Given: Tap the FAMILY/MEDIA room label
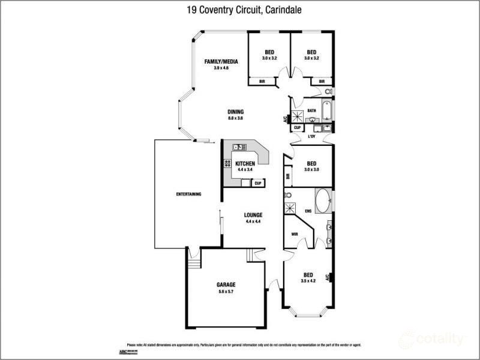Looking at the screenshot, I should (221, 62).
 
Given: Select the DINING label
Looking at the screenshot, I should (235, 112).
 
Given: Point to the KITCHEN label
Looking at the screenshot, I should (245, 164).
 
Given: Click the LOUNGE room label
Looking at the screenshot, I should (253, 215).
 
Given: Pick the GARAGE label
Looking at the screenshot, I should (226, 284).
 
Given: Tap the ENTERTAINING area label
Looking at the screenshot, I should (188, 194).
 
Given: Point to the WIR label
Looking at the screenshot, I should (295, 234).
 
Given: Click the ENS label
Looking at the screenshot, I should (308, 211).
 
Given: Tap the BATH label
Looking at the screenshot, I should (311, 111).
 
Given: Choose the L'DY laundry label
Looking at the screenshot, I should (311, 137).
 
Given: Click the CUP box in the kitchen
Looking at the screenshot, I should (258, 183).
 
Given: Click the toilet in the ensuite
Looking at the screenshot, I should (288, 195).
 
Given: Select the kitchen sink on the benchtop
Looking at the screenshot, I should (240, 146).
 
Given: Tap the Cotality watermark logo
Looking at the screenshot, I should (432, 339).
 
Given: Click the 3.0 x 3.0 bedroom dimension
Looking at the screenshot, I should (311, 170).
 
